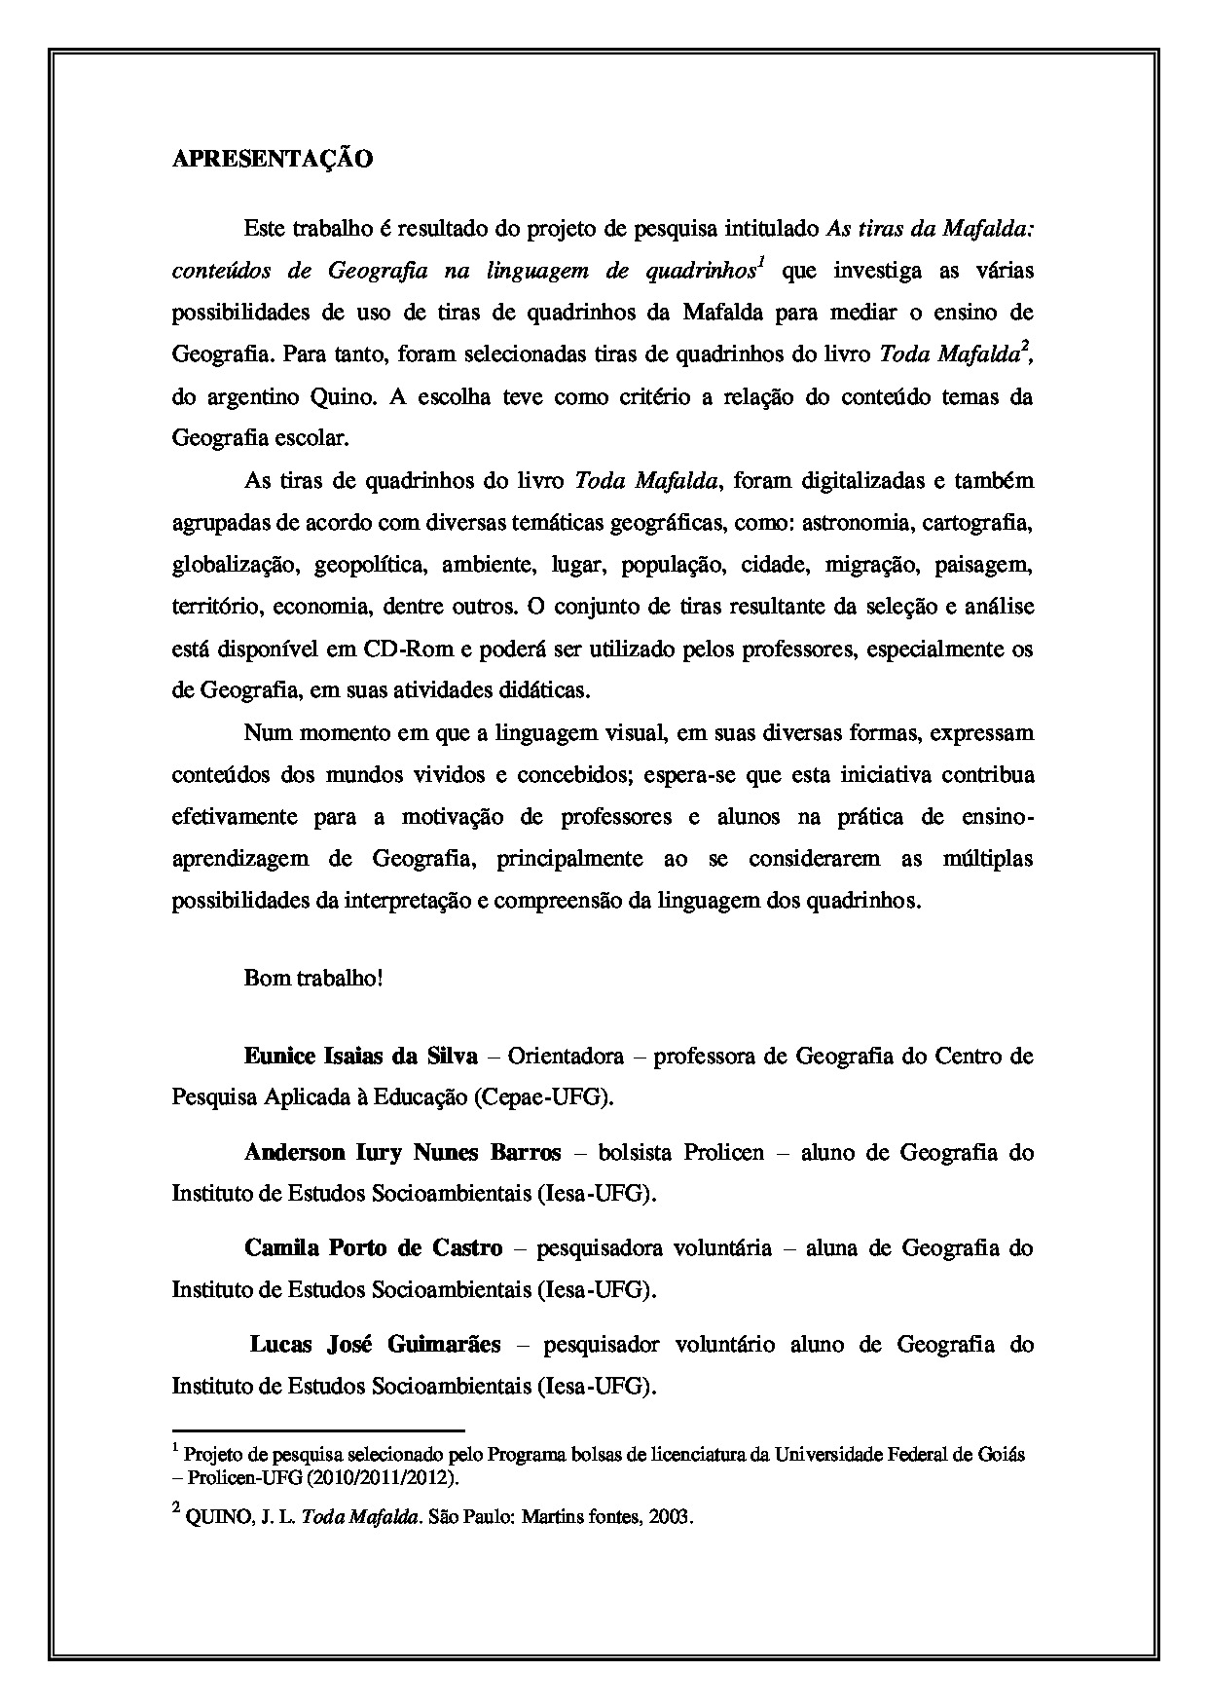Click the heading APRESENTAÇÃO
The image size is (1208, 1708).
click(x=272, y=160)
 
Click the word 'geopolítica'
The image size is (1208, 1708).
click(x=369, y=565)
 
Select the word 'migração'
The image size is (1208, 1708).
click(x=871, y=565)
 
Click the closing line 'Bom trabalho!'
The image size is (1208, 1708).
click(x=313, y=978)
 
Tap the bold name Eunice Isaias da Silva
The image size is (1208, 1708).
click(x=361, y=1056)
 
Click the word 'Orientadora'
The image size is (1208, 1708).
click(x=566, y=1056)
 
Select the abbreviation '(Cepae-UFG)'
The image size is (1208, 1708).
click(x=544, y=1096)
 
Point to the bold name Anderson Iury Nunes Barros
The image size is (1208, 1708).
click(x=402, y=1152)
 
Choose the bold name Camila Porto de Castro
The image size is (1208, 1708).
click(x=374, y=1247)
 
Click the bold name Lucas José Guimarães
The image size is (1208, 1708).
click(x=376, y=1345)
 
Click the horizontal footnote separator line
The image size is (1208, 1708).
click(x=318, y=1430)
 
